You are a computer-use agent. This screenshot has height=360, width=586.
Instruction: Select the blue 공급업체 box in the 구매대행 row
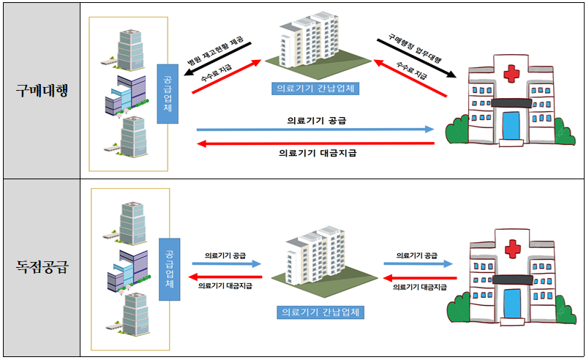point(168,93)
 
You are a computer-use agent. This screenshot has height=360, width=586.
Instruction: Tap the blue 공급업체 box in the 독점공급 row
point(168,269)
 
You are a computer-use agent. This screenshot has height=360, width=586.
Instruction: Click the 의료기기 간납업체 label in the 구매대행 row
point(315,88)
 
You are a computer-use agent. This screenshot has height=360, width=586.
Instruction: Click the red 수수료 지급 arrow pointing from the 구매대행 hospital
point(410,78)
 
